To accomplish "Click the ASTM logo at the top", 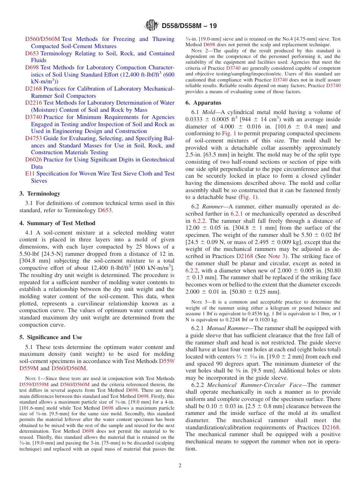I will click(x=152, y=26).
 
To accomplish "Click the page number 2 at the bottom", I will click(x=180, y=465).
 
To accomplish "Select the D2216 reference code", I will click(x=33, y=103).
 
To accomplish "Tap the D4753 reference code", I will click(x=33, y=138).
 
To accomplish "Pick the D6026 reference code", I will click(x=33, y=160).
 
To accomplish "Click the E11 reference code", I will click(x=30, y=174).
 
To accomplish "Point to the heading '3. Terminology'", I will click(x=40, y=194).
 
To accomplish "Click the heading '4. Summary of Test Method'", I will click(x=57, y=223).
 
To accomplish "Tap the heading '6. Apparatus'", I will click(x=203, y=103).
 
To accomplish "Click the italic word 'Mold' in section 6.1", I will click(x=209, y=112).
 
